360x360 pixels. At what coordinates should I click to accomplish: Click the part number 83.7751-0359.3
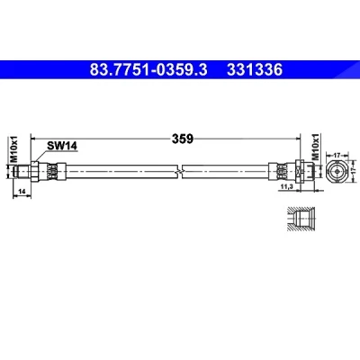tap(148, 70)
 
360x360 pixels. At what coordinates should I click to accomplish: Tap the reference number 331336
tap(255, 70)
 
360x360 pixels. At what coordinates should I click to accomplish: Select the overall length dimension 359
tap(182, 139)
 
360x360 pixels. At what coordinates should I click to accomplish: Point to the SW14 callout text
tap(62, 146)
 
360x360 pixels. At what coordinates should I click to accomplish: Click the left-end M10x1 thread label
tap(14, 149)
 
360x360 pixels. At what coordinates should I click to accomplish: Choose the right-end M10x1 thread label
tap(315, 147)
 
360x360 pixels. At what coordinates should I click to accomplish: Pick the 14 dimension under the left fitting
tap(22, 191)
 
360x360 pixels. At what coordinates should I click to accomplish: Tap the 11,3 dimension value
tap(286, 186)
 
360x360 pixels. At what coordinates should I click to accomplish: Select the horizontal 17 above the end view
tap(337, 155)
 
